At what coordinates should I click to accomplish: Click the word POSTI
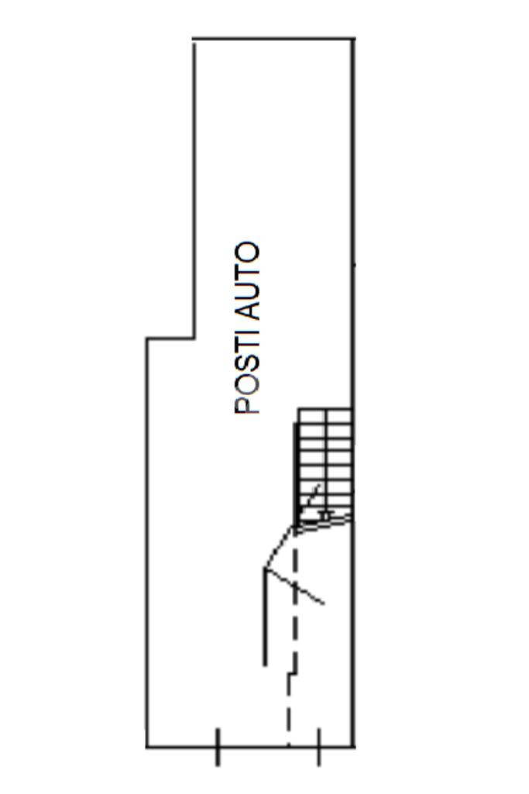[x=247, y=373]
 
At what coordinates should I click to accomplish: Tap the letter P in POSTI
[x=247, y=405]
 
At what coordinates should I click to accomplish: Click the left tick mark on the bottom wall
[x=218, y=747]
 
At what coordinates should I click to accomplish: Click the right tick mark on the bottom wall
[x=318, y=747]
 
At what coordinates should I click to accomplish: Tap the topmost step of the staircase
[x=325, y=416]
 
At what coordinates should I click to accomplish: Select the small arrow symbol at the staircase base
[x=325, y=514]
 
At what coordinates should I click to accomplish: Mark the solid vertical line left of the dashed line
[x=265, y=620]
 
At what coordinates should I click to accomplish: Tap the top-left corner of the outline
[x=194, y=38]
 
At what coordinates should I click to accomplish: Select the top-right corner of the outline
[x=354, y=38]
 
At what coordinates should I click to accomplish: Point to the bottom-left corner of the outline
[x=147, y=747]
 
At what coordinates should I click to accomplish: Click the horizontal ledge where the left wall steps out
[x=170, y=338]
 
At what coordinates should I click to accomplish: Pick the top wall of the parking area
[x=273, y=38]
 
